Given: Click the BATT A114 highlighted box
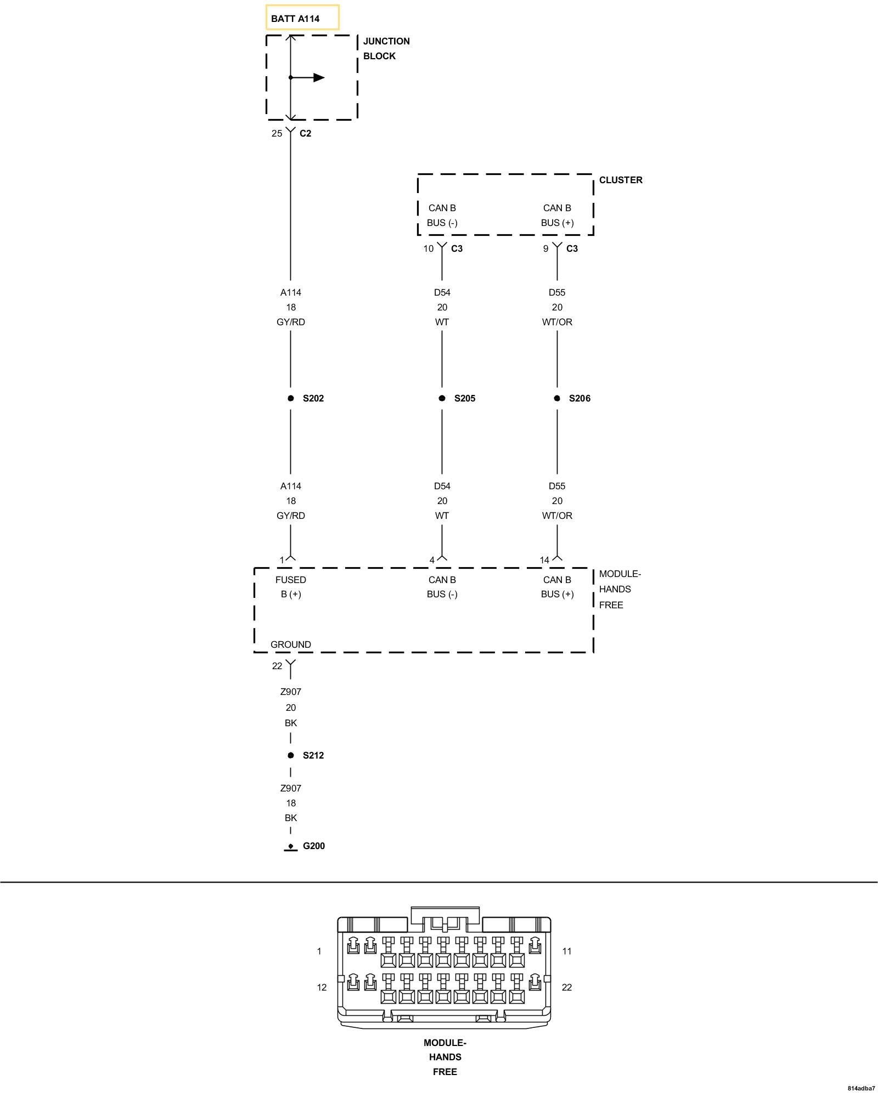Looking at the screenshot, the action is (x=302, y=18).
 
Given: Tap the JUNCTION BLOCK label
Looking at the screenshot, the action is (x=386, y=48).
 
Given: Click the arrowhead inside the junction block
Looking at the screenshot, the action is (x=319, y=77).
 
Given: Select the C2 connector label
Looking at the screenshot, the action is (x=305, y=133).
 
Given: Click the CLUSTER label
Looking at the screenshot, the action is (x=620, y=180).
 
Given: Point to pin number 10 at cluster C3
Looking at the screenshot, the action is (x=428, y=248).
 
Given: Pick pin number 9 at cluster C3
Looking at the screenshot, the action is (x=545, y=248).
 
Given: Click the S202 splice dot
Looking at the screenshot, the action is (x=291, y=398).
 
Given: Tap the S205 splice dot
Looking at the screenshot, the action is (x=442, y=398).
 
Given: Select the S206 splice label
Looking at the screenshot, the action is (x=579, y=398).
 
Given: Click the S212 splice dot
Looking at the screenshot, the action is (x=291, y=755).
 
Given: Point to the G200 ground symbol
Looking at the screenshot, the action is (x=291, y=847).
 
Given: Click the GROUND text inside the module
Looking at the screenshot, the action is (x=291, y=644).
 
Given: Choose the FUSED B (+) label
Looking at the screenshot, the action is (x=291, y=587).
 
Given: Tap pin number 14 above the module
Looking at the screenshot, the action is (x=544, y=560).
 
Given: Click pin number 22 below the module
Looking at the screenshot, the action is (x=277, y=666).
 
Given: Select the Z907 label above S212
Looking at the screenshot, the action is (x=291, y=692).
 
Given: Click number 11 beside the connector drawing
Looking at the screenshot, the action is (x=567, y=951).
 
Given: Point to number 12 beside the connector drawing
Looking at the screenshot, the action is (x=322, y=987).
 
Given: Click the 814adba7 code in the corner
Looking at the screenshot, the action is (x=861, y=1088).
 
